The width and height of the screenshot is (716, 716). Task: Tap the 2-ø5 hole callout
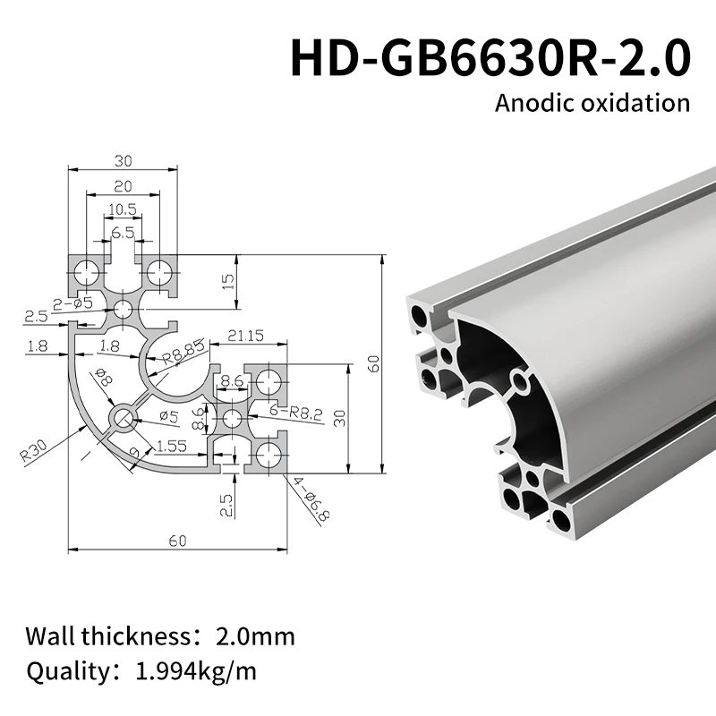tap(73, 303)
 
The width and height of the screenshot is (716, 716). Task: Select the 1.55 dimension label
tap(171, 445)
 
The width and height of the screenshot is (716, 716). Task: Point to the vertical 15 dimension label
tap(227, 284)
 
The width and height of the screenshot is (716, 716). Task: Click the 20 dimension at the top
tap(123, 186)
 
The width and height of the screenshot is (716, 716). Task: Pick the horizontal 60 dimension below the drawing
tap(177, 541)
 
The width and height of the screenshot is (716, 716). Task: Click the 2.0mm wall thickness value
tap(255, 637)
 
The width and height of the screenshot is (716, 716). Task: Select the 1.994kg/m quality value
tap(191, 670)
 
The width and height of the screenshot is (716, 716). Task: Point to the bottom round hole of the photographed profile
tap(560, 520)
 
